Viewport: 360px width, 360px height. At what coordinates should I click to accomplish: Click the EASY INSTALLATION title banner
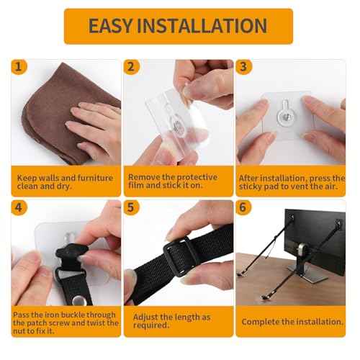[x=178, y=27]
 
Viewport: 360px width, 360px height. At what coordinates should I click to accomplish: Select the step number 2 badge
[x=131, y=67]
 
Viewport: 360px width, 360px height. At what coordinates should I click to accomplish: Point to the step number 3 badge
[x=244, y=67]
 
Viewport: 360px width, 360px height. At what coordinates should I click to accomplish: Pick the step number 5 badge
[x=131, y=208]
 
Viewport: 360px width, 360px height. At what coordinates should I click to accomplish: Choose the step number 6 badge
[x=244, y=208]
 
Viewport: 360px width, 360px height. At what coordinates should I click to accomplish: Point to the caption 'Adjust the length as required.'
[x=169, y=321]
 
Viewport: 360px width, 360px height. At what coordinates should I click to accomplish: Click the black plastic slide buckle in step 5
[x=179, y=253]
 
